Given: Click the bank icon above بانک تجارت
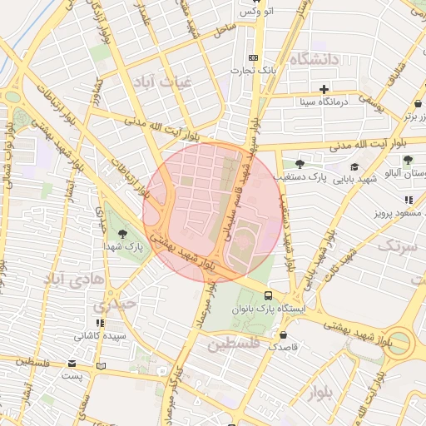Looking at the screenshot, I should tap(253, 57).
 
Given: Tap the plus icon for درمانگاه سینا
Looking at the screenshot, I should tap(324, 89).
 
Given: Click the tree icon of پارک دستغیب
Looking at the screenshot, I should tap(300, 164).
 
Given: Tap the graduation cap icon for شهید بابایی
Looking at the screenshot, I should tap(354, 166).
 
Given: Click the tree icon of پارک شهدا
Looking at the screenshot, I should tap(123, 234).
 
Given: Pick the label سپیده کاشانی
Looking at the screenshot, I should tap(101, 337).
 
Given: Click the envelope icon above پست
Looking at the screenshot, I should tap(72, 364).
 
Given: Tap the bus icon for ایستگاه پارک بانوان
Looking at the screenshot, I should tap(268, 295).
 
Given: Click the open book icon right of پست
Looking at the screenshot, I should tap(102, 365).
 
